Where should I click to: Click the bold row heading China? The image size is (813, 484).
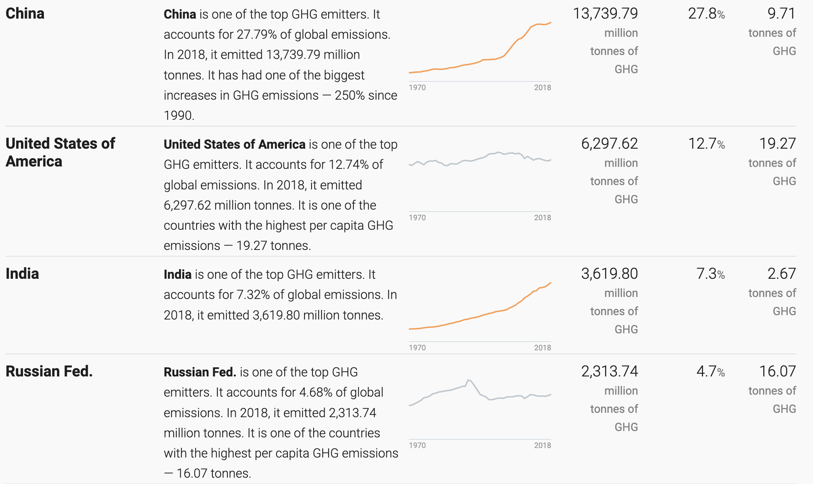coord(25,14)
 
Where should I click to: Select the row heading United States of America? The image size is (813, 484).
coord(60,152)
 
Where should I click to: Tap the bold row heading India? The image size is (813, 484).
coord(22,274)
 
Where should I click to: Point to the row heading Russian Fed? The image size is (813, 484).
coord(49,371)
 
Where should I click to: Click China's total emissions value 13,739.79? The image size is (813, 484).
coord(605,14)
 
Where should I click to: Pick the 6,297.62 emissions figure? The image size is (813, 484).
coord(609,144)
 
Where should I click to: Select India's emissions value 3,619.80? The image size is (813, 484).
coord(609,274)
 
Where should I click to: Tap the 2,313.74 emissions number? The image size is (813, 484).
coord(609,371)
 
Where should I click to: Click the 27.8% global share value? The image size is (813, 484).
coord(707,14)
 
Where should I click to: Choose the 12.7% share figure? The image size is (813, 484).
coord(707,144)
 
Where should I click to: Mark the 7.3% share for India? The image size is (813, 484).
coord(711,274)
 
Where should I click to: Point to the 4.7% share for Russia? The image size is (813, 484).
coord(711,371)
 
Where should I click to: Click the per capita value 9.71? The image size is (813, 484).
coord(781,14)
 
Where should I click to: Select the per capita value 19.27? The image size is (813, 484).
coord(777,144)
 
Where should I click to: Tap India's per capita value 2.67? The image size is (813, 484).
coord(781,274)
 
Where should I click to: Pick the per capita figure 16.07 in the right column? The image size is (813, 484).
coord(777,371)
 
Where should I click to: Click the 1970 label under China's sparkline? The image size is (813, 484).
coord(417,87)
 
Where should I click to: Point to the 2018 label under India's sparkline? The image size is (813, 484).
coord(543,348)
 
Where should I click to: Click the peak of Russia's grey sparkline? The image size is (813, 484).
coord(468,380)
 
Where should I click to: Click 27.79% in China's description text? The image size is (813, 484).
coord(257,34)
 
